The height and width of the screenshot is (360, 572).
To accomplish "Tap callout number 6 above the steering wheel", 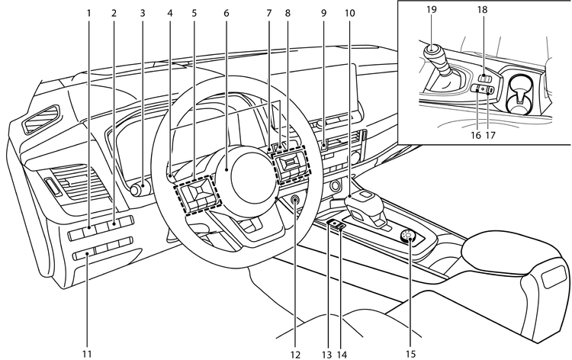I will point(227,13).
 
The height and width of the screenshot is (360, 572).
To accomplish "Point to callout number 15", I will point(412,353).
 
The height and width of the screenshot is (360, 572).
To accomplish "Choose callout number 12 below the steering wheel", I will point(295,353).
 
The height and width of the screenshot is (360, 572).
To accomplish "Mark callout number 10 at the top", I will point(349,13).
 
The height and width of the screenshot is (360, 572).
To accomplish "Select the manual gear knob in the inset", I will point(432,53).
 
